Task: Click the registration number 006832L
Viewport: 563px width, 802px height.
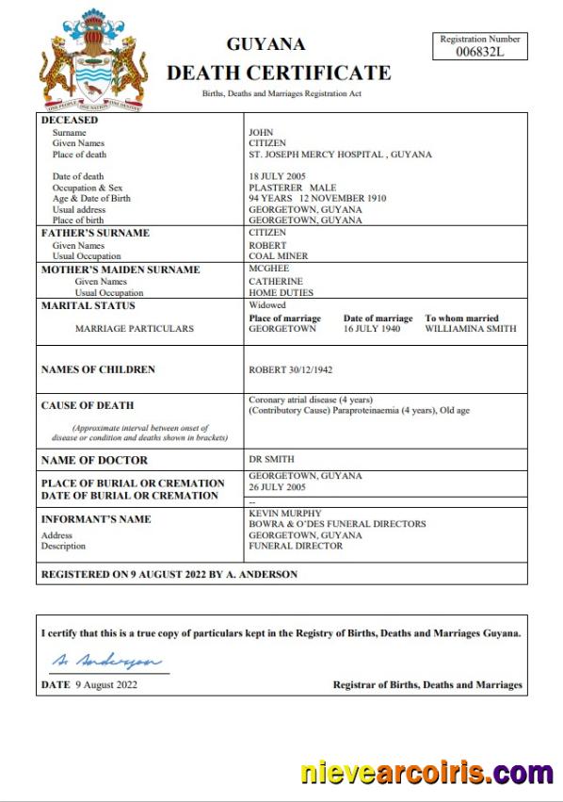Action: (479, 52)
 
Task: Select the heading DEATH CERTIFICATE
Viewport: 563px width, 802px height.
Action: (279, 73)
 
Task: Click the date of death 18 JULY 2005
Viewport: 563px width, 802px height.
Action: (279, 176)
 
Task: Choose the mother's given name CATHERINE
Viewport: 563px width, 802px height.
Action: (275, 281)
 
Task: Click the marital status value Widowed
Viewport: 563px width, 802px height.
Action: (267, 305)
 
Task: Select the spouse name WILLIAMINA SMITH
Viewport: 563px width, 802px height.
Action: (470, 330)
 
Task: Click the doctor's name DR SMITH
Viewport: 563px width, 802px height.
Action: (271, 459)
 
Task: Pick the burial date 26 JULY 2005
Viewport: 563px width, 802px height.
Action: (277, 488)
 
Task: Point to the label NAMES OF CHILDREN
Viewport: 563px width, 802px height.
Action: (98, 369)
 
